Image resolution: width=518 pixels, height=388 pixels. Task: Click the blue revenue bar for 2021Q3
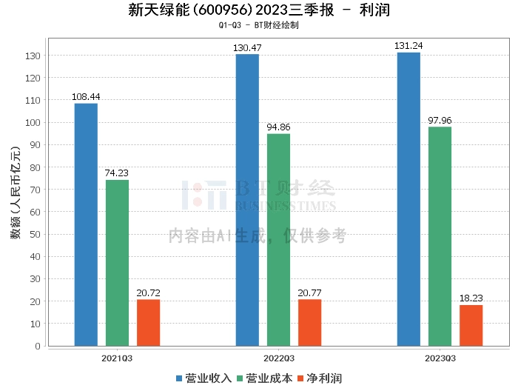click(x=86, y=224)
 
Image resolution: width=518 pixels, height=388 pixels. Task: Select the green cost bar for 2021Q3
click(x=117, y=263)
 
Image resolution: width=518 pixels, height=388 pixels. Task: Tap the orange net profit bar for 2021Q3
click(x=148, y=322)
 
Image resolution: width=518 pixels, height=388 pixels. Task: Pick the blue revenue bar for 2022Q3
click(x=247, y=200)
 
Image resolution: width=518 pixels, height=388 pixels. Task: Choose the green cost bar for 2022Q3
click(x=278, y=240)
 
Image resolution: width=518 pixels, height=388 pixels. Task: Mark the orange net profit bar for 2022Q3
click(x=309, y=322)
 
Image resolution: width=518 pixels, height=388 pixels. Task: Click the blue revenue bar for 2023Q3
click(x=408, y=199)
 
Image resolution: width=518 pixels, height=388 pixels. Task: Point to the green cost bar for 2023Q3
click(x=440, y=236)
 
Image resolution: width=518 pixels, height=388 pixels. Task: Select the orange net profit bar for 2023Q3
click(x=471, y=325)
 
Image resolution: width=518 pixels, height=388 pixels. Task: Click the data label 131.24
click(x=408, y=46)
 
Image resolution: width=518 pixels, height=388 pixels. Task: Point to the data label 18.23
click(x=471, y=298)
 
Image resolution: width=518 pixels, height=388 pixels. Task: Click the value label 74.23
click(x=117, y=173)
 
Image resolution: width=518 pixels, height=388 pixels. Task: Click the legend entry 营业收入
click(x=204, y=378)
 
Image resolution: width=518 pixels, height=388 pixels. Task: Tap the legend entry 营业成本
click(x=264, y=378)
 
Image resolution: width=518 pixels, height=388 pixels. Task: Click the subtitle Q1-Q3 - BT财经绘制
click(x=258, y=26)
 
